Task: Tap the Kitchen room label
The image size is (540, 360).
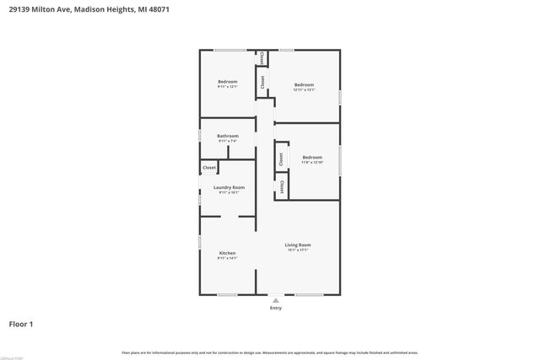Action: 227,253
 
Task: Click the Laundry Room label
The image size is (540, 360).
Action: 229,187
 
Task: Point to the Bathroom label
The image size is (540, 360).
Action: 228,136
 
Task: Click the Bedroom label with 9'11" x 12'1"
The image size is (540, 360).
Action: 228,82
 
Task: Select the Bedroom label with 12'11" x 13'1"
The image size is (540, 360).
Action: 304,84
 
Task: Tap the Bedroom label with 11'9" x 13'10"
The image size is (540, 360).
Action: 312,157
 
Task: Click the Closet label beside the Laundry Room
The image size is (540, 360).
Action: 209,168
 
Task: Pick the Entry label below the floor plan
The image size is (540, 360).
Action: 276,309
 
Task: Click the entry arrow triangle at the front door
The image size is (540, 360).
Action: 276,299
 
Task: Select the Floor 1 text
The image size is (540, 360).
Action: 21,324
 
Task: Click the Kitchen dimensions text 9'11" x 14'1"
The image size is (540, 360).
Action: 227,258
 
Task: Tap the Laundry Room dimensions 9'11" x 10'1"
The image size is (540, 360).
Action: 229,192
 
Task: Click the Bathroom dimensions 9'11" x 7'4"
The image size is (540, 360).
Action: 228,141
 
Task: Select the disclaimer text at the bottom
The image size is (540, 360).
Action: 269,352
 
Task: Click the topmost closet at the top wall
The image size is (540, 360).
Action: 262,58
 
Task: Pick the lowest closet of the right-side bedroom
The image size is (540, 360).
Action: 281,186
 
